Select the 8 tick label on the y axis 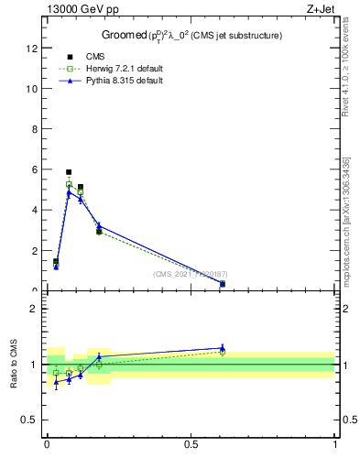point(36,129)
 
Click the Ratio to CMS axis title point(14,364)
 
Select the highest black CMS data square point(69,171)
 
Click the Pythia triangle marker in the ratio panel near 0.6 point(222,348)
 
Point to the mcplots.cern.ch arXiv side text point(352,211)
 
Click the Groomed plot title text point(191,35)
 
